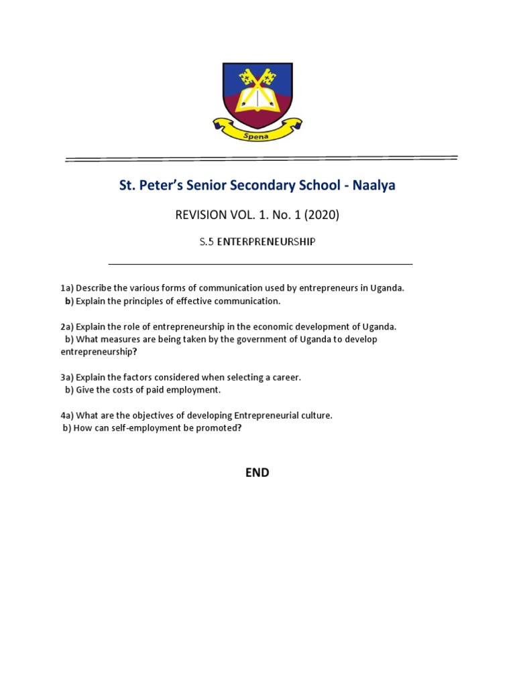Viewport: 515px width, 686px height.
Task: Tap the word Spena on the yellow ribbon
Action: (x=257, y=134)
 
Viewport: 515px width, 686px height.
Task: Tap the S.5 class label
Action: (x=206, y=242)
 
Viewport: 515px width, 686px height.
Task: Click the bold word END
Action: (x=257, y=472)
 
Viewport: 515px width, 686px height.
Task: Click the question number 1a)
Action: (x=67, y=288)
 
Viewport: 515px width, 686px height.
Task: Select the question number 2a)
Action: (x=67, y=327)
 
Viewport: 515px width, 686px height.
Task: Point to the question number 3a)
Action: (x=67, y=377)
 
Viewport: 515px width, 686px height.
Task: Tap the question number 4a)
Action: (x=67, y=415)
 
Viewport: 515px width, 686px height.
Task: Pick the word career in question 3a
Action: (x=284, y=377)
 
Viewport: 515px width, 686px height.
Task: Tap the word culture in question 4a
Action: (x=315, y=415)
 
